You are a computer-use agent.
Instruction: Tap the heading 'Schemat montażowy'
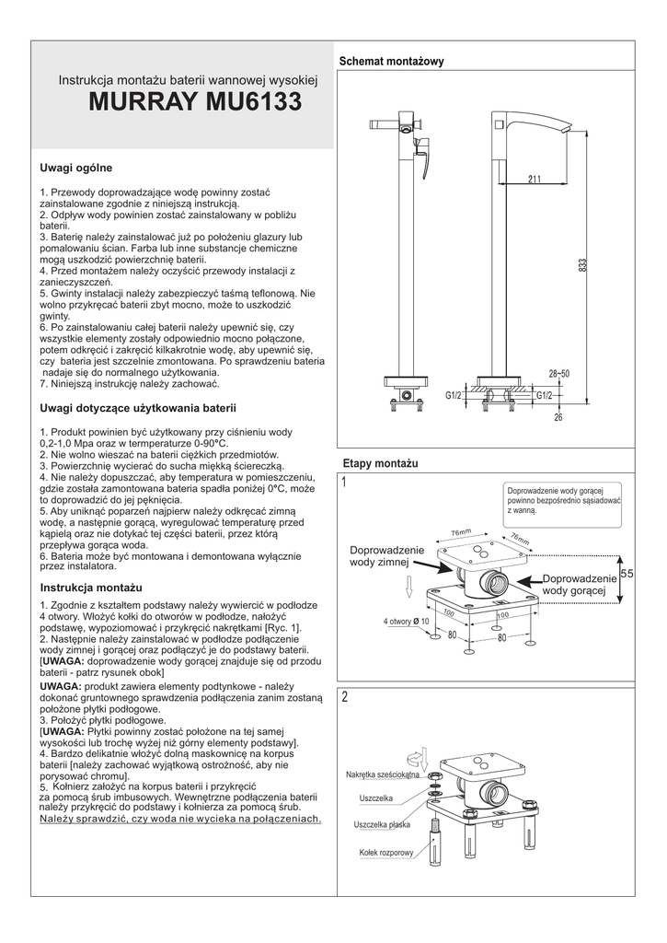coord(392,62)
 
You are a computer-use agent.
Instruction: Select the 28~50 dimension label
coord(559,374)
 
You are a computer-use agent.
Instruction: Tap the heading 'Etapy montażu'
coord(380,460)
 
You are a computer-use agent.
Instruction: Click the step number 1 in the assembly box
coord(344,483)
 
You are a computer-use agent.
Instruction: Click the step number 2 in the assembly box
coord(344,697)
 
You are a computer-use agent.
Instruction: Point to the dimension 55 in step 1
coord(627,574)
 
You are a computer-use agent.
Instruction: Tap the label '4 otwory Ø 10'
coord(406,622)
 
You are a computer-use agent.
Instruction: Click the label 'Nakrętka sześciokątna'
coord(382,774)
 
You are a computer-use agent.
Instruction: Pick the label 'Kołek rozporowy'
coord(386,853)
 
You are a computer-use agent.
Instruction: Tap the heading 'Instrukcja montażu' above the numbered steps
coord(90,587)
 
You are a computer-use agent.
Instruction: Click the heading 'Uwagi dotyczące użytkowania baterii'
coord(138,406)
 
